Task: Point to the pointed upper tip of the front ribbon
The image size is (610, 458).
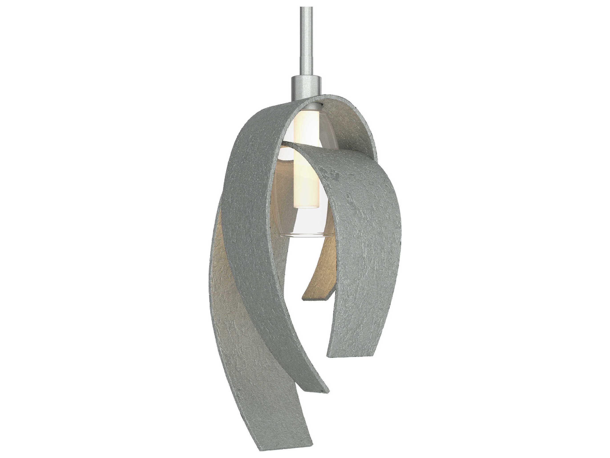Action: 287,144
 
